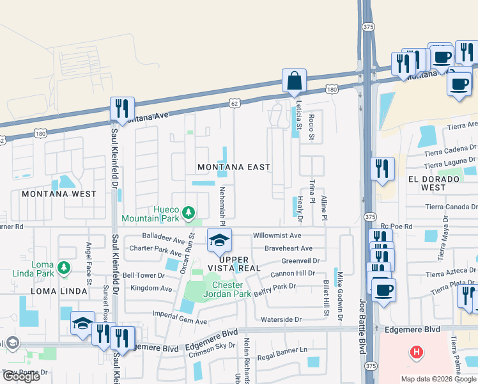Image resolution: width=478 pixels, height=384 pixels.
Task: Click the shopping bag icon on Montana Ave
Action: (x=294, y=81)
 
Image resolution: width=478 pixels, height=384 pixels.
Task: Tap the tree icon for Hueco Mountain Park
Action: (x=189, y=212)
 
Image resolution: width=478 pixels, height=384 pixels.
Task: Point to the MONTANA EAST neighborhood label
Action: (x=233, y=167)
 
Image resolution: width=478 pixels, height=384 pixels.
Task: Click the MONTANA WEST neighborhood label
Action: (x=59, y=194)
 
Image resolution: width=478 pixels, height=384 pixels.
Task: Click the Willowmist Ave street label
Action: (x=277, y=236)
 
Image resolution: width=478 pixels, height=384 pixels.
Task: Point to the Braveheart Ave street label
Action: (x=289, y=248)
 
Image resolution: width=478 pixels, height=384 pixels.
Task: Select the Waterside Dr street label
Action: (x=280, y=319)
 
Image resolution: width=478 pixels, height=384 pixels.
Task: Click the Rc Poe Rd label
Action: (x=397, y=227)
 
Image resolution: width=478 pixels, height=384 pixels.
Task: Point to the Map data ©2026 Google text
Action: (x=438, y=379)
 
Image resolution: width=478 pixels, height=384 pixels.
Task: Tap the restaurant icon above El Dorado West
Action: (x=382, y=169)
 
